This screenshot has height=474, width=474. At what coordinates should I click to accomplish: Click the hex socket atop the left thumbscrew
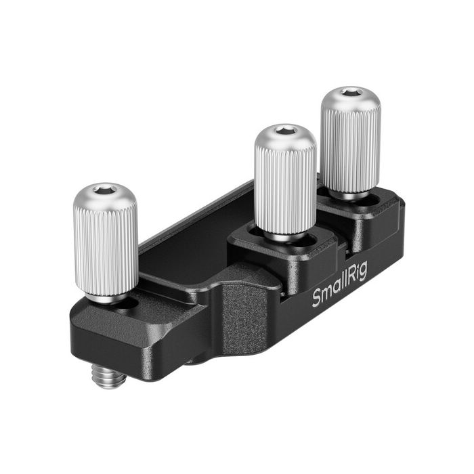coord(105,192)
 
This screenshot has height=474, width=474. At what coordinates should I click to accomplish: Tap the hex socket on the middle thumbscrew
coord(284,131)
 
